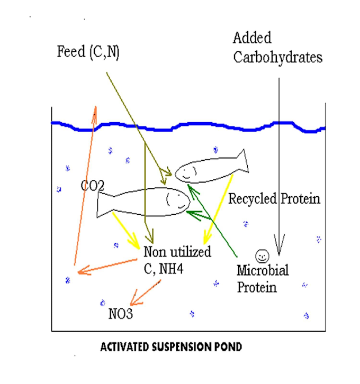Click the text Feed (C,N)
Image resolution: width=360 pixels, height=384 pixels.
88,52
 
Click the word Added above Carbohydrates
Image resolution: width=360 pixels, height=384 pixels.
252,39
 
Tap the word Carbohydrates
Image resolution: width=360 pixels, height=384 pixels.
277,57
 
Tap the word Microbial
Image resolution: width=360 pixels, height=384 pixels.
263,271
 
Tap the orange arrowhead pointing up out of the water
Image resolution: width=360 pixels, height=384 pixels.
95,109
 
